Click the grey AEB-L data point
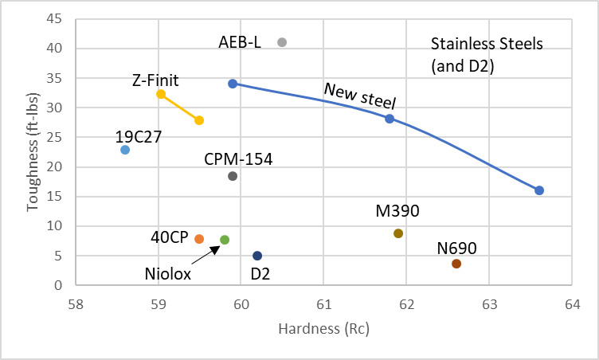point(282,42)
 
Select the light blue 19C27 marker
point(125,150)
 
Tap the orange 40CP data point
point(199,239)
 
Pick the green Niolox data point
point(225,240)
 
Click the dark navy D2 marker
point(257,256)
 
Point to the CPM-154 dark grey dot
point(233,176)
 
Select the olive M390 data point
point(398,233)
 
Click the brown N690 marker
point(456,264)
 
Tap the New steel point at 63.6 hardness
point(539,190)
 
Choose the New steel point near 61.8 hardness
point(390,119)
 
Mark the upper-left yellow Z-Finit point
point(161,94)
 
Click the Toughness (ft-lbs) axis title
point(33,155)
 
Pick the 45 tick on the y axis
point(56,19)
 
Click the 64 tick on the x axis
point(571,303)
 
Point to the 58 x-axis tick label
point(76,303)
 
